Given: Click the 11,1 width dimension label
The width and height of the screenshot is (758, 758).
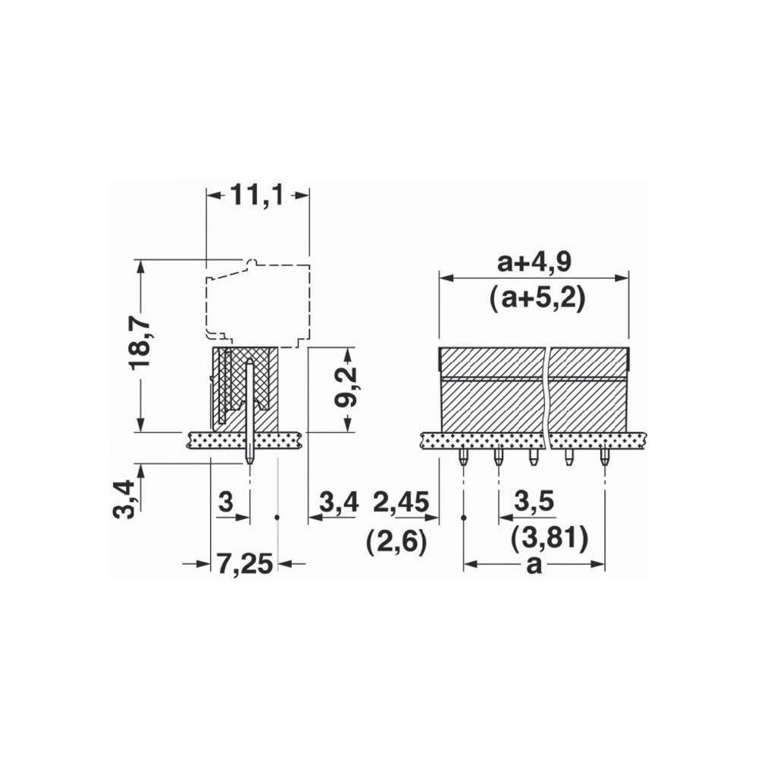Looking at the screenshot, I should point(257,195).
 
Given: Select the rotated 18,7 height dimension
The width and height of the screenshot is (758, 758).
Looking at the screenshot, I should point(140,343).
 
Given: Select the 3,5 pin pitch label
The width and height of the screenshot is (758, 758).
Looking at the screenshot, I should point(534,501).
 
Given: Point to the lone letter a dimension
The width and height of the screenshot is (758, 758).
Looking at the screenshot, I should point(534,565).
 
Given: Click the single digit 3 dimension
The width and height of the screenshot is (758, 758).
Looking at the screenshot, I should point(225,502).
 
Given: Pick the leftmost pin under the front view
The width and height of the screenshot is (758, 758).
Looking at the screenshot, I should point(463,456).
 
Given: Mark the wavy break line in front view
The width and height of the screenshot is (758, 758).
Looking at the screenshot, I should point(548,394).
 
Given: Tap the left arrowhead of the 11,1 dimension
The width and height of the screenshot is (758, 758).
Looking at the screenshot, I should point(212,195).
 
